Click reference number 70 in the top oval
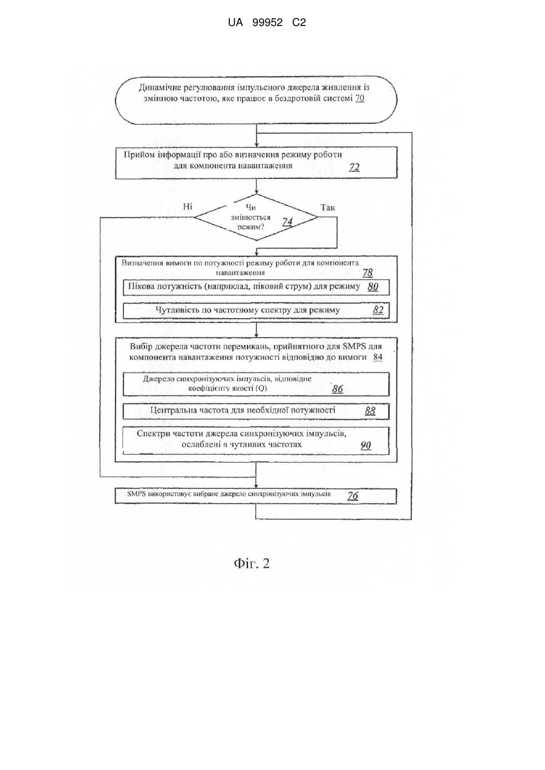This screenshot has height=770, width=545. coord(360,99)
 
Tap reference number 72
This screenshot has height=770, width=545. coord(354,168)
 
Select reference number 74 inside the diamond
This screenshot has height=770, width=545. coord(287,222)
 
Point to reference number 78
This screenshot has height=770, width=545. coord(368,273)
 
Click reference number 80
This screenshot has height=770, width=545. coord(373,287)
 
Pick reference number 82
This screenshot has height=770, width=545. coord(378,310)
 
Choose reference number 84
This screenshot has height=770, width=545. coord(378,357)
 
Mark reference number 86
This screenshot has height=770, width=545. coord(338,389)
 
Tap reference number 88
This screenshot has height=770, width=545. coord(370,411)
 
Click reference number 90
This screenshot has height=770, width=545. coord(366,445)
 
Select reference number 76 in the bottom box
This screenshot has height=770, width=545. coord(353,495)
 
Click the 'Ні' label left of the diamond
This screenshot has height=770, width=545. coord(188,207)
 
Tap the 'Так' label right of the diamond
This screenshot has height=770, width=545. coord(328,207)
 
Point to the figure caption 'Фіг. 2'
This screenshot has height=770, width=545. coord(252,563)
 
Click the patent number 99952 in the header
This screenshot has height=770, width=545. coord(267,23)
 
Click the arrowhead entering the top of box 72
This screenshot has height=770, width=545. coord(256,144)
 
